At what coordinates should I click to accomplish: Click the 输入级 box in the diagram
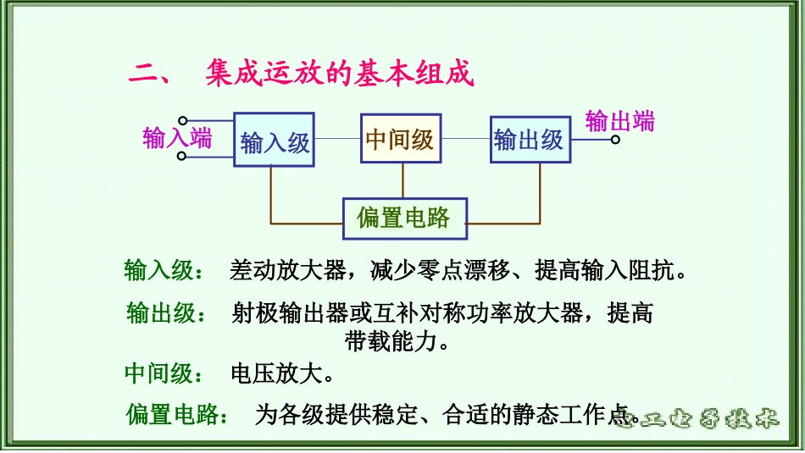tap(274, 140)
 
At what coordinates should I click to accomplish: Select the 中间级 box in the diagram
tap(400, 138)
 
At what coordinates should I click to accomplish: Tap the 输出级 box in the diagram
tap(530, 139)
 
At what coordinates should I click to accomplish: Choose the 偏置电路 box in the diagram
tap(403, 218)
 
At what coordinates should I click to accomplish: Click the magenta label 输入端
tap(176, 138)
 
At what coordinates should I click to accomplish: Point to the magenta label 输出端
tap(620, 121)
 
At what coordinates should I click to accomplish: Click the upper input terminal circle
tap(182, 122)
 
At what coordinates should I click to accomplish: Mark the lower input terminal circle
tap(182, 156)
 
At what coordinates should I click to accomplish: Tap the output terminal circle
tap(615, 139)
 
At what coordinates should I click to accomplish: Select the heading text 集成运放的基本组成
tap(338, 75)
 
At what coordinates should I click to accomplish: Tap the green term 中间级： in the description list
tap(164, 373)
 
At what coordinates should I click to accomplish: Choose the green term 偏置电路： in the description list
tap(176, 415)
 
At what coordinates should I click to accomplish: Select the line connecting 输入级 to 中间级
tap(337, 138)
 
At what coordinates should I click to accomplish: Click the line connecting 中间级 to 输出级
tap(465, 138)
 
